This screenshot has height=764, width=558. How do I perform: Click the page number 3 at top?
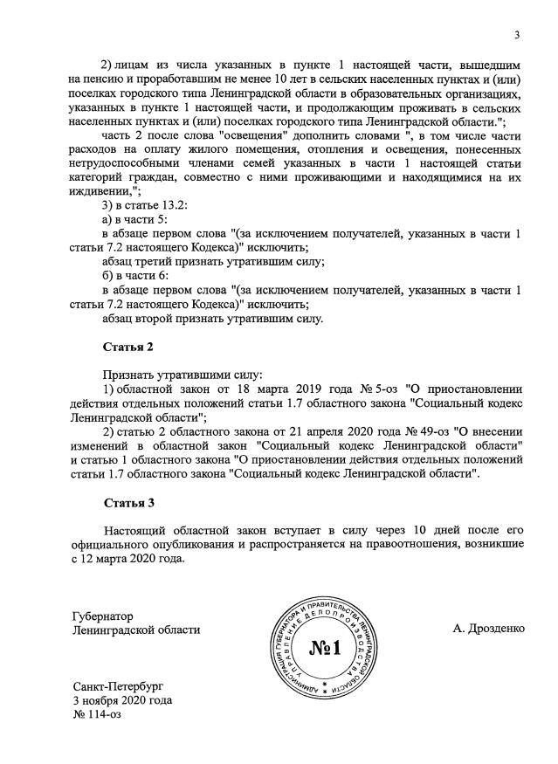516,35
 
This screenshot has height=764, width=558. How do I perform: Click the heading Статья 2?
128,347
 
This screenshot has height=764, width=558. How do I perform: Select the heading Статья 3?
128,504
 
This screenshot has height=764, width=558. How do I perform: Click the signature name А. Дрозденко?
490,629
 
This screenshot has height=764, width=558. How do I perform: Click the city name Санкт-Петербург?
119,686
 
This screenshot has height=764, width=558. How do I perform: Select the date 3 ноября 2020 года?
123,700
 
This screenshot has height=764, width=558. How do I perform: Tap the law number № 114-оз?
100,714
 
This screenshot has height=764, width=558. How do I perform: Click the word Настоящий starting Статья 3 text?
140,531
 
